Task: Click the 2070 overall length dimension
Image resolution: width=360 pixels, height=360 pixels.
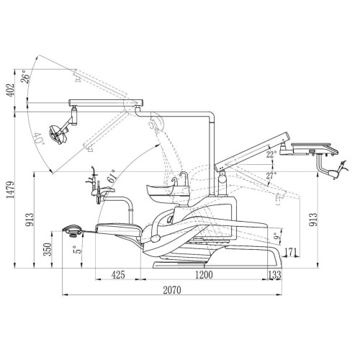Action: click(x=172, y=290)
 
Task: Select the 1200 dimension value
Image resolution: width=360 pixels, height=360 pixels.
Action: click(x=204, y=275)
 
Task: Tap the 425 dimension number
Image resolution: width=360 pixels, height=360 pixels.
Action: click(x=118, y=275)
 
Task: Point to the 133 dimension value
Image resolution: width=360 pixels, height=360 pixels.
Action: click(x=274, y=275)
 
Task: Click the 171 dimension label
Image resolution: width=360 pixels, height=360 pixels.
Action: click(x=291, y=253)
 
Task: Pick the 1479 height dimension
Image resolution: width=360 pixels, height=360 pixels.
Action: click(x=10, y=190)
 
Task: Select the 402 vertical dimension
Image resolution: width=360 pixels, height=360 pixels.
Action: click(x=10, y=90)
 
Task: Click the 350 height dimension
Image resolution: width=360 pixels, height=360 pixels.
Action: click(x=48, y=250)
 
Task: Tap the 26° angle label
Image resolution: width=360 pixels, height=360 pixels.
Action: click(x=26, y=77)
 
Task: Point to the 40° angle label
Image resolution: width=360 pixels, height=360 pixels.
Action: click(x=39, y=139)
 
